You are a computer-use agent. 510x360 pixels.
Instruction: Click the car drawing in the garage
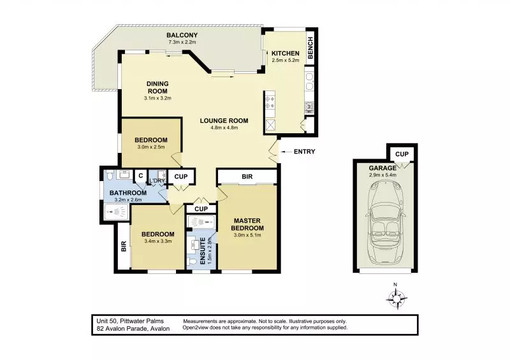pos(385,222)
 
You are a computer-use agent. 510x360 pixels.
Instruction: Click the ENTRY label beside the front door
pos(303,152)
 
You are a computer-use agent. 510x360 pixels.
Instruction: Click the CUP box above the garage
pos(402,154)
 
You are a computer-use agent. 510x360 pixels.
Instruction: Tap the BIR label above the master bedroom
pos(246,176)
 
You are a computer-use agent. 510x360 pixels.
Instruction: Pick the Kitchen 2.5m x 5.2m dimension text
pos(284,61)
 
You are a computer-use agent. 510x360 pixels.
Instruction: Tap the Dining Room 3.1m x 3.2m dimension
pos(157,98)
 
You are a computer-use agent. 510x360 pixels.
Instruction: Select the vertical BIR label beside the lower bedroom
pos(122,245)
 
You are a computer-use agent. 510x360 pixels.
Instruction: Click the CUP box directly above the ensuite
pos(201,209)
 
